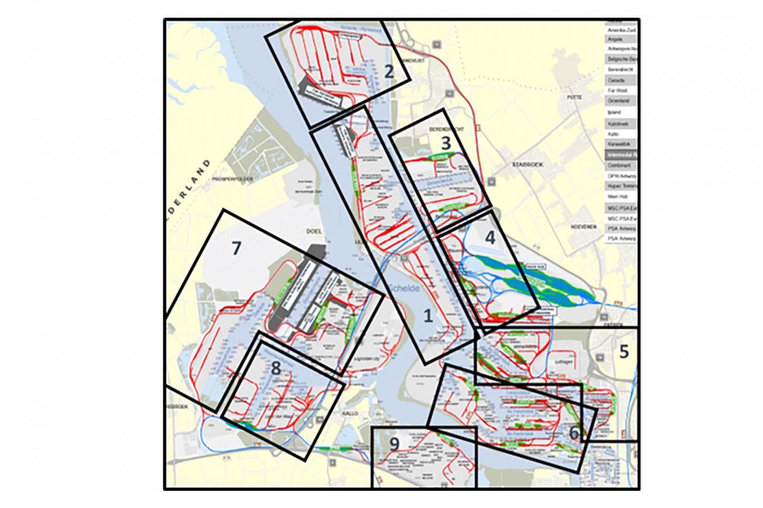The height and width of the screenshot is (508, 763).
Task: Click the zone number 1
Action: (x=428, y=316)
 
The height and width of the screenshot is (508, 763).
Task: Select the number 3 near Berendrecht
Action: (x=445, y=142)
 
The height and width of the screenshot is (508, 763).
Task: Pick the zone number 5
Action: (x=624, y=352)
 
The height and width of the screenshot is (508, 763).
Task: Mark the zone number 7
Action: (x=236, y=249)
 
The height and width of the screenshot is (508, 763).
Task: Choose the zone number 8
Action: (x=275, y=368)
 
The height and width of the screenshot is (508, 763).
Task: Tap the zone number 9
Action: (x=394, y=444)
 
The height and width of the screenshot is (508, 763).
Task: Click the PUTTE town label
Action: (x=573, y=97)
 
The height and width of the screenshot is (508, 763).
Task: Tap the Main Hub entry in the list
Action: (x=616, y=197)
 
